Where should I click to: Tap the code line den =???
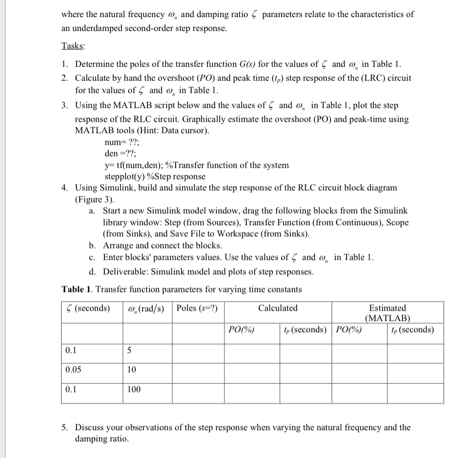[121, 154]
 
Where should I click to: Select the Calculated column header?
[277, 308]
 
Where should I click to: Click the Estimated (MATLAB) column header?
[387, 313]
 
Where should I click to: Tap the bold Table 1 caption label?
[78, 289]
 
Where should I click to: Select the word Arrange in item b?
[118, 245]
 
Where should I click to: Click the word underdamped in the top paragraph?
[100, 28]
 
